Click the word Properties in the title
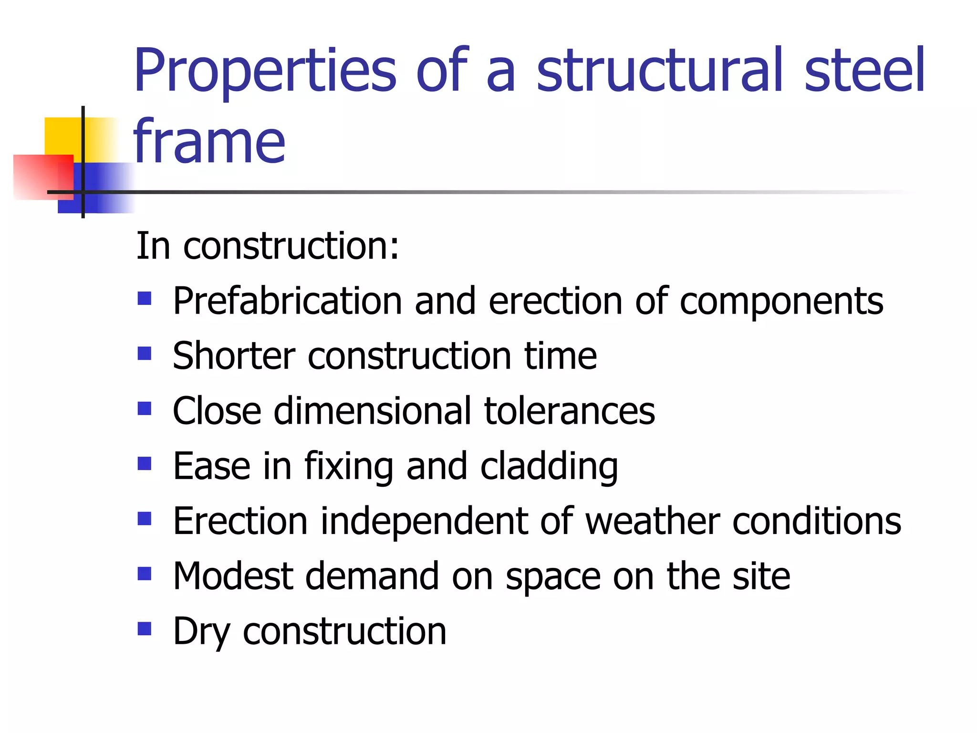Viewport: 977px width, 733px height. (x=265, y=72)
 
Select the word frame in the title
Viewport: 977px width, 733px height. (x=209, y=141)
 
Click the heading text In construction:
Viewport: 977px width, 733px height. (x=267, y=246)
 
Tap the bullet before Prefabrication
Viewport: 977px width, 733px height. (x=144, y=299)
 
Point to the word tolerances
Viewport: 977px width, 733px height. (x=570, y=411)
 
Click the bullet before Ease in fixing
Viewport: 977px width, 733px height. (x=144, y=463)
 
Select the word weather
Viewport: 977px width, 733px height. (x=652, y=521)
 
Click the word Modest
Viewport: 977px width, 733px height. (x=233, y=576)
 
